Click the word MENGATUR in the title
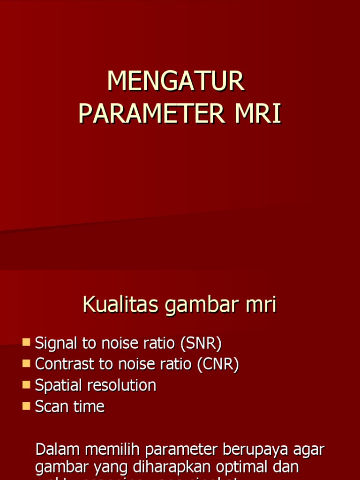176,82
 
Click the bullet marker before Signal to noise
26,342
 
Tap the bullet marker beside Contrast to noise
26,363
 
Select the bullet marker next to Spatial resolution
26,384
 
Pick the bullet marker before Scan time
26,405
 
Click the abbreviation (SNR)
201,344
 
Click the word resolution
122,385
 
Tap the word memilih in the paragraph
112,450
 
